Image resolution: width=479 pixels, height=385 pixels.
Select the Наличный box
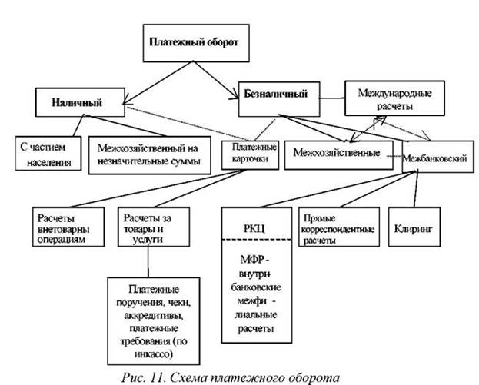point(78,102)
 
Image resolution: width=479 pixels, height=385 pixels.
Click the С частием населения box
point(48,154)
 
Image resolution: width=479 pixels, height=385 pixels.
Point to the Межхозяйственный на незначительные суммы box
point(149,154)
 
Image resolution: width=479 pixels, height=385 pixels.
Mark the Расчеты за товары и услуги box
point(149,227)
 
